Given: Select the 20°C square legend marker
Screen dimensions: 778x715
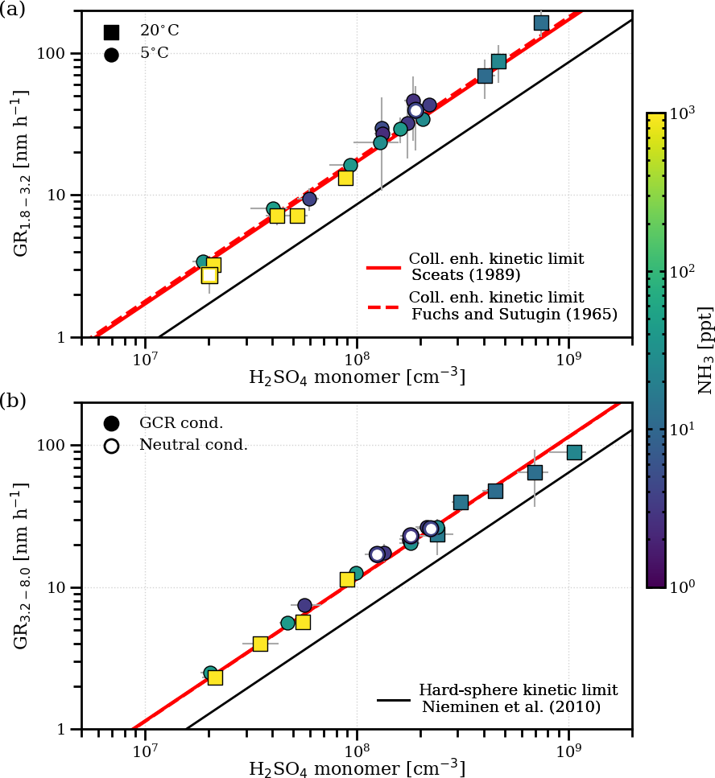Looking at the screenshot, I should (x=111, y=32).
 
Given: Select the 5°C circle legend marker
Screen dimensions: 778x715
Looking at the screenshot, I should (x=111, y=55).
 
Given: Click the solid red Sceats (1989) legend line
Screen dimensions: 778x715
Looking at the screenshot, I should (x=384, y=267).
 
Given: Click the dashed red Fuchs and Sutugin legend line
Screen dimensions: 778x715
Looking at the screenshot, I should (x=384, y=306).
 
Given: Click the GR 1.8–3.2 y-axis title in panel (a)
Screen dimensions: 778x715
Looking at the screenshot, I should (x=23, y=173).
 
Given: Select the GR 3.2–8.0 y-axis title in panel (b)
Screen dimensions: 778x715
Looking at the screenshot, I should (x=23, y=566).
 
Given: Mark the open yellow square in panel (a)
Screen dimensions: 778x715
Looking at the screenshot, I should (x=209, y=275).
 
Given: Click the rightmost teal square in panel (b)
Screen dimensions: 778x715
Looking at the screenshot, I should (x=574, y=452).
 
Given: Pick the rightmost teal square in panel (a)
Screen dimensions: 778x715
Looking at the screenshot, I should (x=541, y=23).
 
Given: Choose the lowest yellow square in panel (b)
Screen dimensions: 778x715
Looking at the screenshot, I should (x=215, y=677).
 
